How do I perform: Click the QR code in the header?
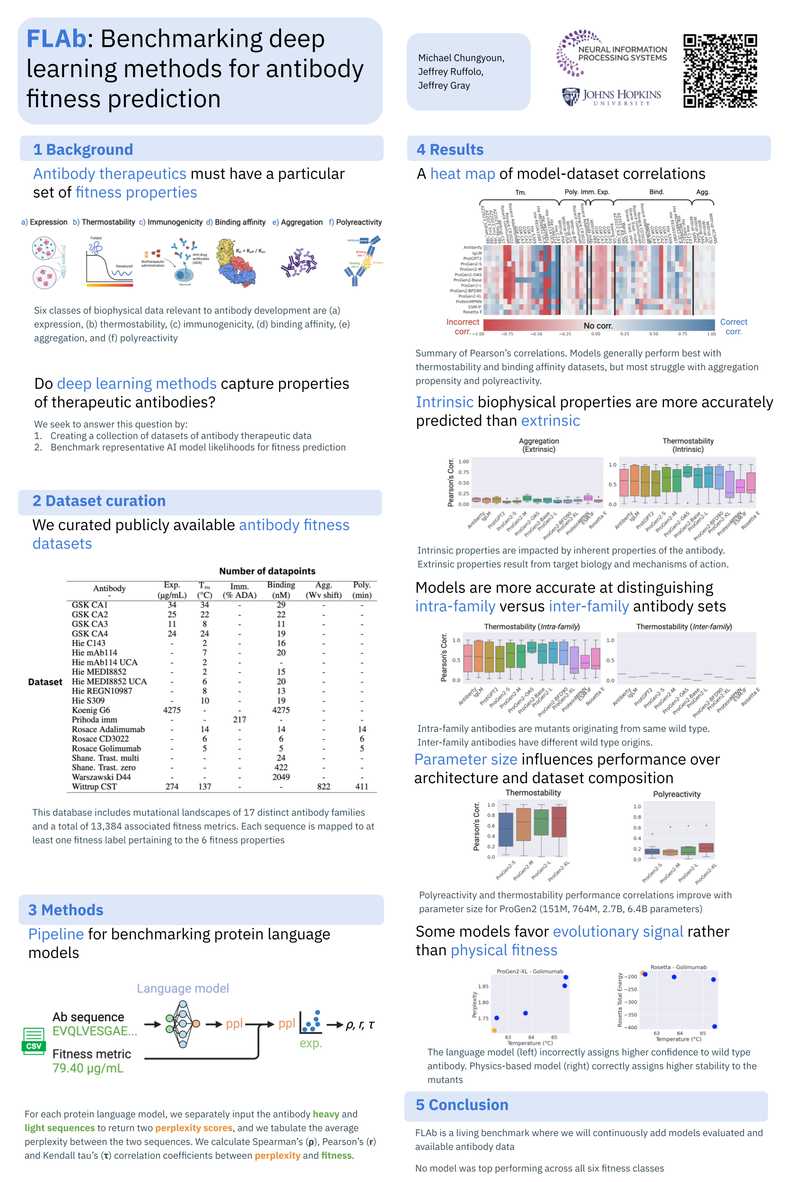pyautogui.click(x=720, y=71)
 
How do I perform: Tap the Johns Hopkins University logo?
pyautogui.click(x=611, y=96)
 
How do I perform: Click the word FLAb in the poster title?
pyautogui.click(x=56, y=39)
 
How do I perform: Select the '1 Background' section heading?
pyautogui.click(x=83, y=149)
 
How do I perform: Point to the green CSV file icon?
pyautogui.click(x=34, y=1040)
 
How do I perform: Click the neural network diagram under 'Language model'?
pyautogui.click(x=183, y=1024)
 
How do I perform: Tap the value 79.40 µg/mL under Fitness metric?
pyautogui.click(x=88, y=1068)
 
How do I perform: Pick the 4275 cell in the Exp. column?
pyautogui.click(x=172, y=710)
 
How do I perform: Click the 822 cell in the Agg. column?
pyautogui.click(x=324, y=786)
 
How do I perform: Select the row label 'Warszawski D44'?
pyautogui.click(x=101, y=777)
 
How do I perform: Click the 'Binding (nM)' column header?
pyautogui.click(x=281, y=589)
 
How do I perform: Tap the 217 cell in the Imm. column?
pyautogui.click(x=239, y=719)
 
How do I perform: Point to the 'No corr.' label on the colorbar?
pyautogui.click(x=597, y=325)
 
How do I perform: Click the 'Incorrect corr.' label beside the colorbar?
pyautogui.click(x=463, y=327)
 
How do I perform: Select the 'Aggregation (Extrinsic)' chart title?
pyautogui.click(x=539, y=444)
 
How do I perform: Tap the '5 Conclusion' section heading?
pyautogui.click(x=462, y=1104)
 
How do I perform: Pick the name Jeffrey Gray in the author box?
pyautogui.click(x=444, y=86)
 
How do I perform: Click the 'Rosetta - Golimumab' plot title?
pyautogui.click(x=678, y=967)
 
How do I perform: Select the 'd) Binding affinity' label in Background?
pyautogui.click(x=236, y=222)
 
